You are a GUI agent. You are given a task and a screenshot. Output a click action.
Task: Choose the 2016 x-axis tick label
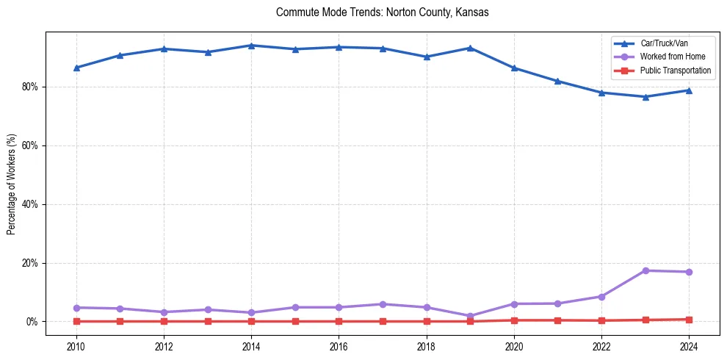point(339,346)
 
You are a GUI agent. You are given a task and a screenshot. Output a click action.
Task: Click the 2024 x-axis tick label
point(689,346)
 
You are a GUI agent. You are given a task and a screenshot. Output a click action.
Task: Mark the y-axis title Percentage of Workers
point(12,184)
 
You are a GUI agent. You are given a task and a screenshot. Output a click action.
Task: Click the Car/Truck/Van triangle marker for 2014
point(251,46)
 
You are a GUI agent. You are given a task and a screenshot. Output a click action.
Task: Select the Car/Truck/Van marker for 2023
point(645,96)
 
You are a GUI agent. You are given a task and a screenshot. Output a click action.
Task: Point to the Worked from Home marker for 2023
point(645,270)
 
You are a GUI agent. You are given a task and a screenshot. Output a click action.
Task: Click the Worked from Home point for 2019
point(470,316)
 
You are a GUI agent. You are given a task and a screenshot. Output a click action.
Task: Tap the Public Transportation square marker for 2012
point(164,321)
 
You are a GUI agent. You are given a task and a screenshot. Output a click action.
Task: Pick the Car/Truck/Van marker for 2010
point(76,68)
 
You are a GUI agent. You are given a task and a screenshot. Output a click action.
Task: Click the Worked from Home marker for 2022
point(601,297)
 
